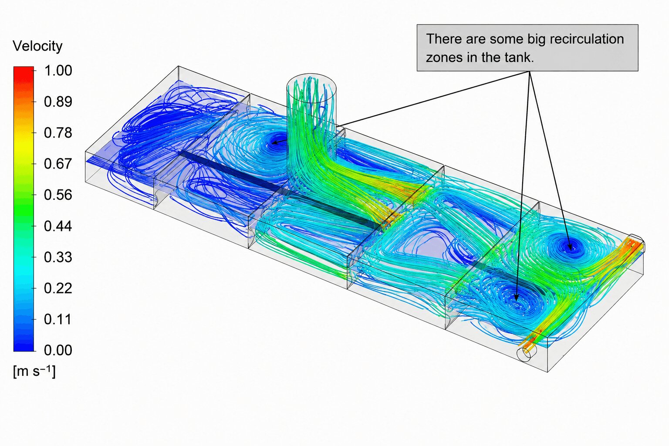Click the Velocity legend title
coord(37,46)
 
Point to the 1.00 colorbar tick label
coord(58,71)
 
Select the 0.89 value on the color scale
coord(58,101)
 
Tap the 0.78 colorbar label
coord(58,133)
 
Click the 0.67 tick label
coord(58,164)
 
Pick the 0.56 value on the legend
coord(58,195)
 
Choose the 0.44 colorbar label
coord(58,226)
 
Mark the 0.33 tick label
coord(58,257)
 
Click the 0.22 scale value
coord(58,288)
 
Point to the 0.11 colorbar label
coord(58,319)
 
